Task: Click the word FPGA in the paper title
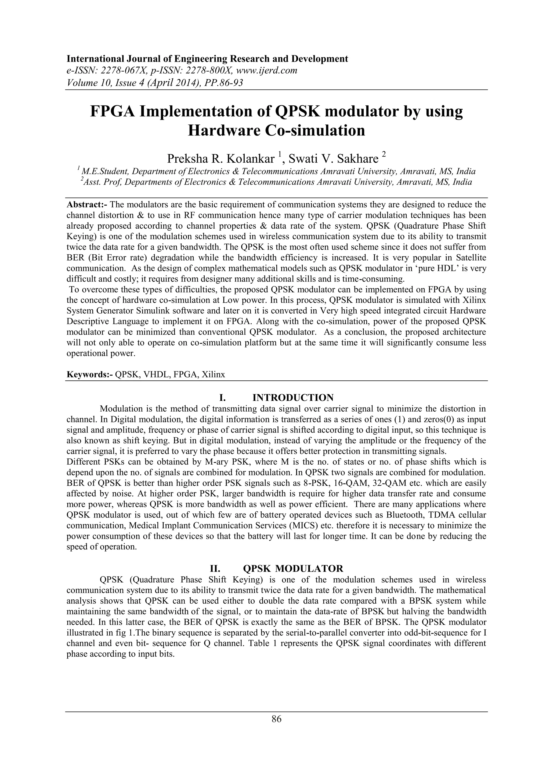112,112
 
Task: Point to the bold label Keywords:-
89,374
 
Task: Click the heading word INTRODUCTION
293,397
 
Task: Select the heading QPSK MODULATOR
293,568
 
